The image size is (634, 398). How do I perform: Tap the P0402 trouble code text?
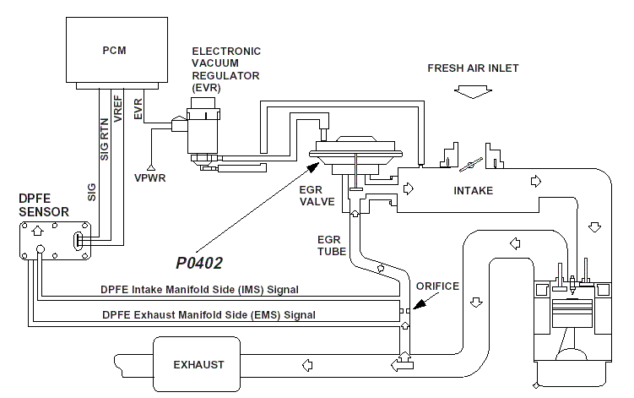(x=199, y=264)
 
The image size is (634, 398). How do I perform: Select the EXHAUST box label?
(x=198, y=365)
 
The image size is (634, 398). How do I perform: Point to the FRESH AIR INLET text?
(x=473, y=68)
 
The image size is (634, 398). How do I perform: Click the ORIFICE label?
(x=438, y=286)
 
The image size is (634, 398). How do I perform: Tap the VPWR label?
(x=150, y=179)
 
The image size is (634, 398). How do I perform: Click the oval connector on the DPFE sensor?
(x=78, y=241)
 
